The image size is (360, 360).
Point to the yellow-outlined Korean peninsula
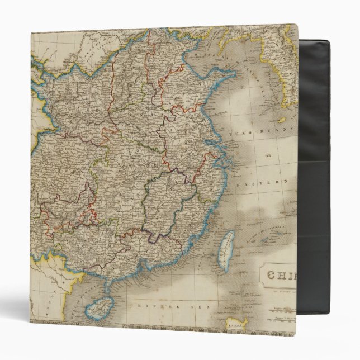[284, 67]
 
